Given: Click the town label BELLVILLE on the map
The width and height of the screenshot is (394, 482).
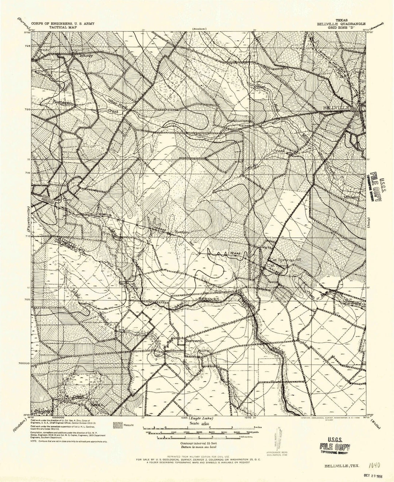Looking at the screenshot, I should [x=338, y=108].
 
